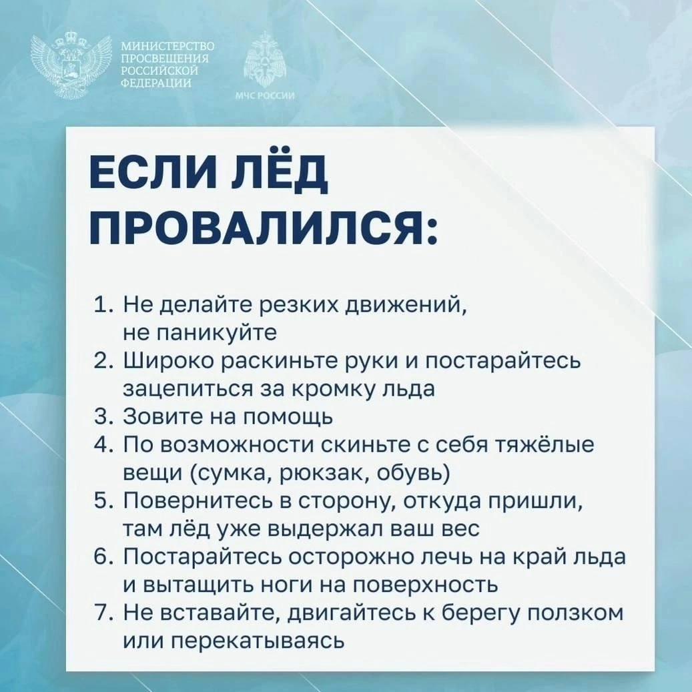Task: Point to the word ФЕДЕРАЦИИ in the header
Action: (x=156, y=83)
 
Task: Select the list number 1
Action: (x=101, y=304)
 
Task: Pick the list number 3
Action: (x=101, y=416)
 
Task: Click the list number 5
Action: (x=101, y=500)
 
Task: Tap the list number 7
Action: (x=101, y=613)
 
